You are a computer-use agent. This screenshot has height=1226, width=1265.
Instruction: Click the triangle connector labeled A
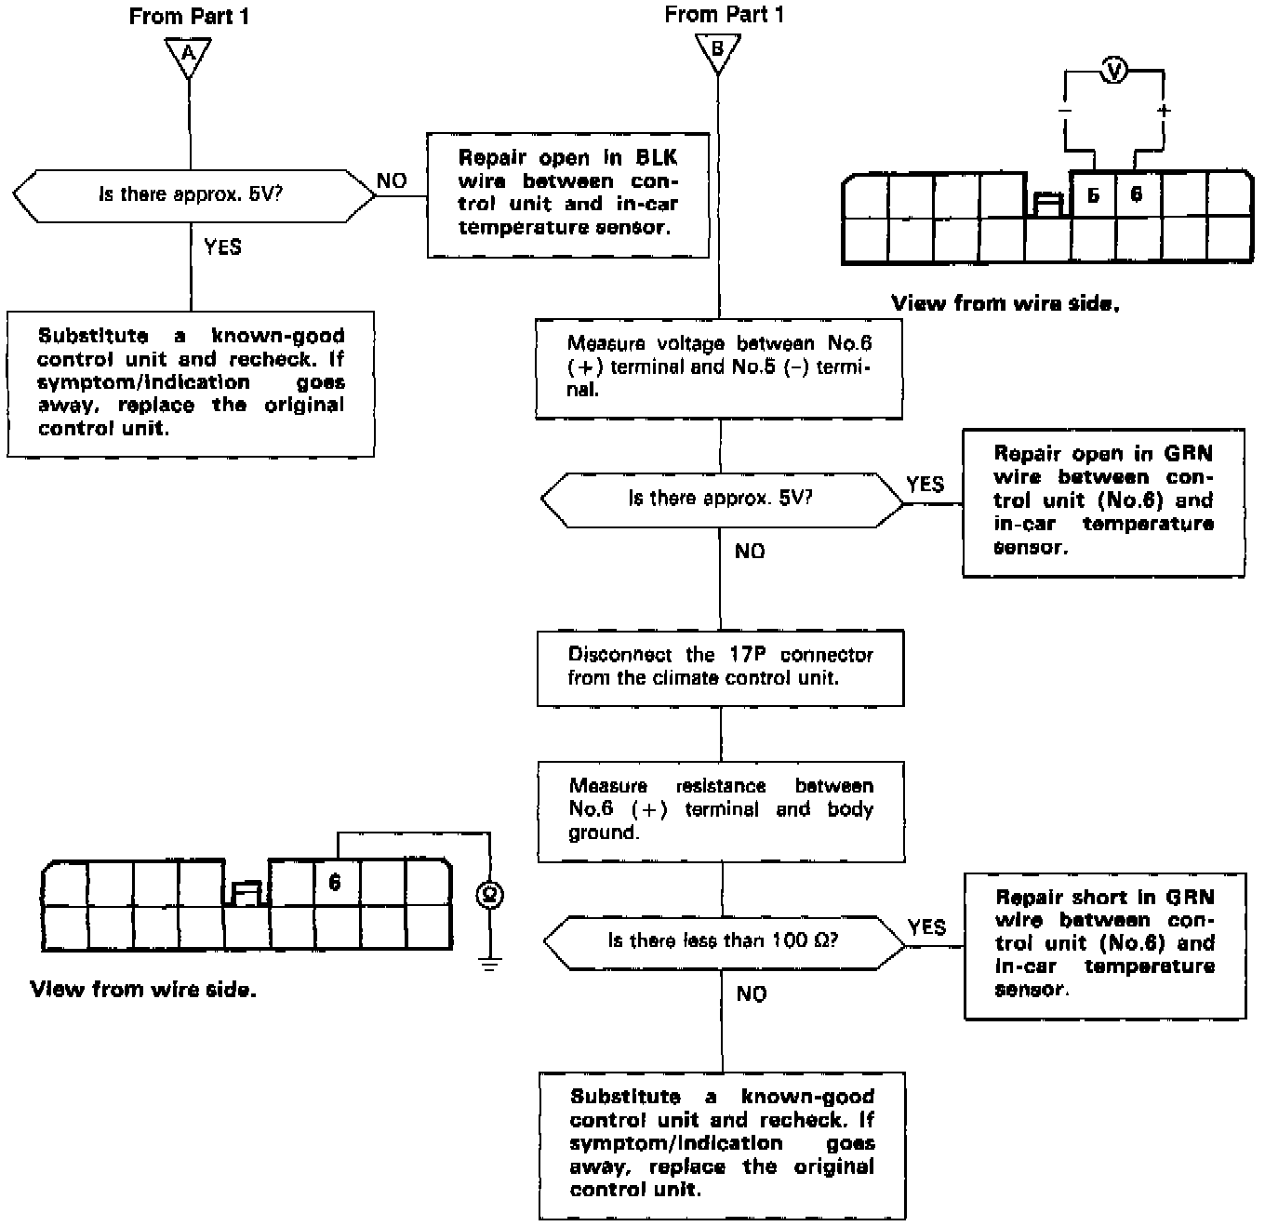[x=189, y=54]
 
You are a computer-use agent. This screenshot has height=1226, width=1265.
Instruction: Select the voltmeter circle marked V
[x=1114, y=71]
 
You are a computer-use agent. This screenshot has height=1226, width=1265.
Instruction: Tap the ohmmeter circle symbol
[x=489, y=895]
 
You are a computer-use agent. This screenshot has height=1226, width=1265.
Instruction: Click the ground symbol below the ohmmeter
[x=489, y=963]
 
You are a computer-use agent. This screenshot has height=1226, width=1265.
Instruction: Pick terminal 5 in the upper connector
[x=1093, y=194]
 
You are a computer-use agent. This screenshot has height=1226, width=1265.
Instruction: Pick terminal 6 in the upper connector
[x=1137, y=194]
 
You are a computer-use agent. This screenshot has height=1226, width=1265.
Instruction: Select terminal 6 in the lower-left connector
[x=335, y=882]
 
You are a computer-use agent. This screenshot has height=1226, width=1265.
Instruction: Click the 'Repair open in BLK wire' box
[x=567, y=193]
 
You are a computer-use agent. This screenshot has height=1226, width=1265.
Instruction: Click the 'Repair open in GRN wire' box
[x=1103, y=501]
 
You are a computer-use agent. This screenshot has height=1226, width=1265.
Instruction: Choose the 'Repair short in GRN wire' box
[x=1104, y=945]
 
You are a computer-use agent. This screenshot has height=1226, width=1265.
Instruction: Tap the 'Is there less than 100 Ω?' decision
[x=724, y=940]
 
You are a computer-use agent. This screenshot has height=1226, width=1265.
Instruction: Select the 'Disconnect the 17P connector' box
[x=720, y=667]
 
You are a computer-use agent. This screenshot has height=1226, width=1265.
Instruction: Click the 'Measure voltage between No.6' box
[x=719, y=367]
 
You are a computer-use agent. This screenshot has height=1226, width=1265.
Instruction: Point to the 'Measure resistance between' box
[x=721, y=810]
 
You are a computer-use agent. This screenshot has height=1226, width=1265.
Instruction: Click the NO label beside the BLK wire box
[x=393, y=180]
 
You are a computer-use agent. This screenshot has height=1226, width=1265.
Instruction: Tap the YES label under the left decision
[x=222, y=247]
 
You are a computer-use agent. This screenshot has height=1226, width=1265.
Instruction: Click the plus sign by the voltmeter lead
[x=1163, y=111]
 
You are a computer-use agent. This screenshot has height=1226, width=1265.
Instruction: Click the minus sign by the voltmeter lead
[x=1065, y=111]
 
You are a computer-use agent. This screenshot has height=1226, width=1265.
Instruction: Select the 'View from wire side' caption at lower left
[x=143, y=990]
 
